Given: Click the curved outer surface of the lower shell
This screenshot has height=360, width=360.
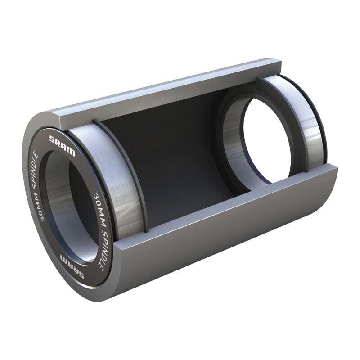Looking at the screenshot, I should click(x=216, y=243).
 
